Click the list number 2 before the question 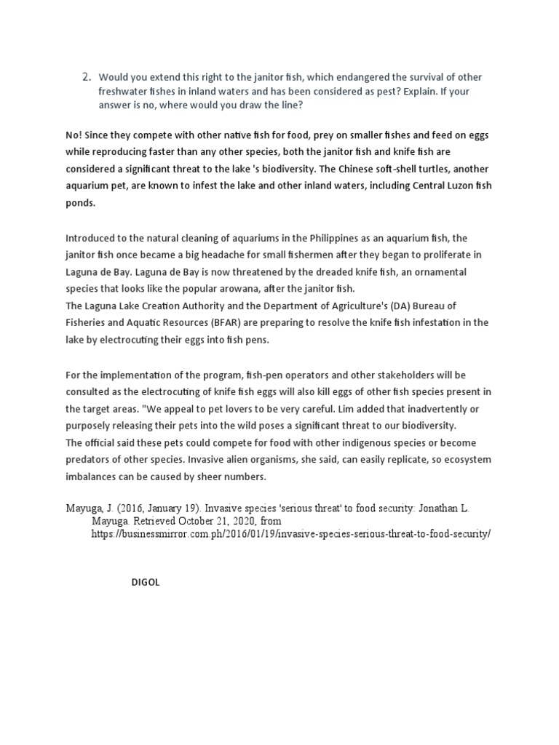(85, 76)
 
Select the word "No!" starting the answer (75, 135)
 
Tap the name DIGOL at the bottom (145, 582)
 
